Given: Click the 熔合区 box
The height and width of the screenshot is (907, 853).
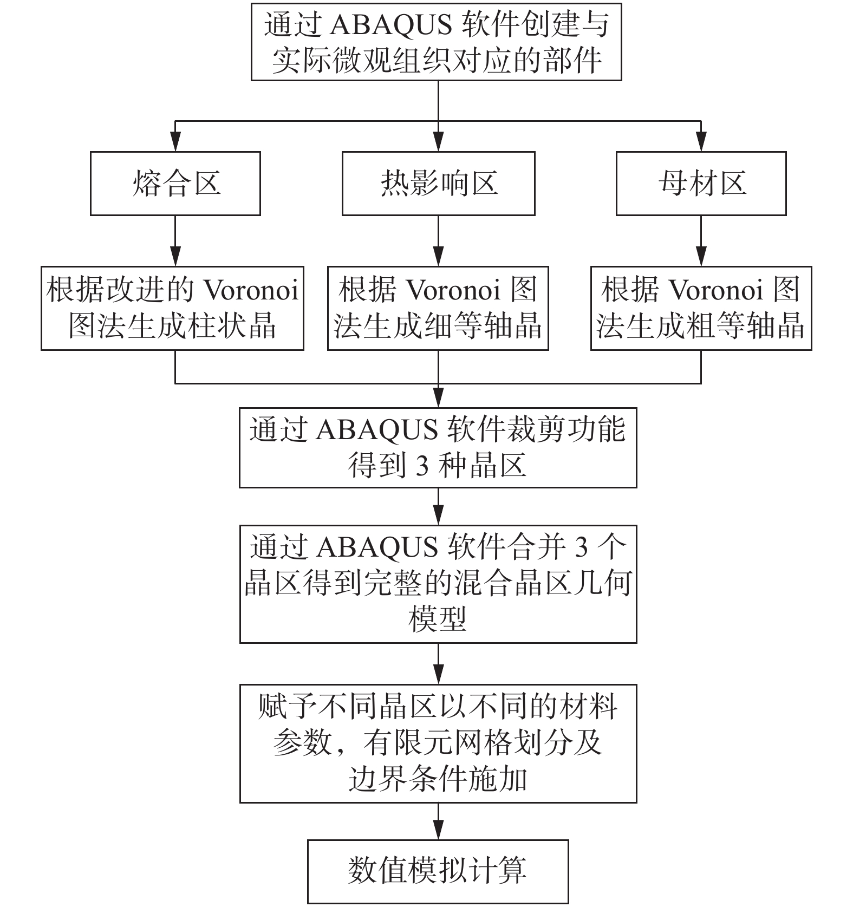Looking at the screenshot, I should pos(175,184).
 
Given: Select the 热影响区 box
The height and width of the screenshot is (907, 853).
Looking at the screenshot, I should pos(438,184).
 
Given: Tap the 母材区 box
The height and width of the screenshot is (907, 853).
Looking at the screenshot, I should pos(701,184).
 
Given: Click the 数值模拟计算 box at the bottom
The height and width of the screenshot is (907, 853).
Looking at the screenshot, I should pos(438,871).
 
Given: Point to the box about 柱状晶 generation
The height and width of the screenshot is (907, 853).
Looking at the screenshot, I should pos(172,308).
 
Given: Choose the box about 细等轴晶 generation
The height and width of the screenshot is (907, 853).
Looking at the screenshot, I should pos(438,308).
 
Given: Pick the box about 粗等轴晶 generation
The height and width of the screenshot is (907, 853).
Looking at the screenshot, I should pos(701,308).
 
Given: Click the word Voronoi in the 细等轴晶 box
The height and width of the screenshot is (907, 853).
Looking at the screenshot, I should pos(453,290).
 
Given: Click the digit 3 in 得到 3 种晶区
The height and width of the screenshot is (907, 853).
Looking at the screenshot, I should pos(422,465).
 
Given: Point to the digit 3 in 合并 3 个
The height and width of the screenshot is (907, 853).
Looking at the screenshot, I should pos(581,547).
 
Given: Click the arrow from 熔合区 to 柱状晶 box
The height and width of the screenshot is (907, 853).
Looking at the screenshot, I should pos(175,241).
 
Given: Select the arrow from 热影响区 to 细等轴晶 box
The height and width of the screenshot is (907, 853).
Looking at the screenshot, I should pos(438,241).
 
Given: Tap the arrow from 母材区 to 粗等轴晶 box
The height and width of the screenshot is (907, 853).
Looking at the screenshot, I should pos(701,241).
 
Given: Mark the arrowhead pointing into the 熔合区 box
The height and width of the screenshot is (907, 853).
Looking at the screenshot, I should pos(175,142).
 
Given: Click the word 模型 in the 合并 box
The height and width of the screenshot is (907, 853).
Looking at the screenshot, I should pos(438,619).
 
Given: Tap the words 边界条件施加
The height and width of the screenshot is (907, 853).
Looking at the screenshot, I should pos(438,780).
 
